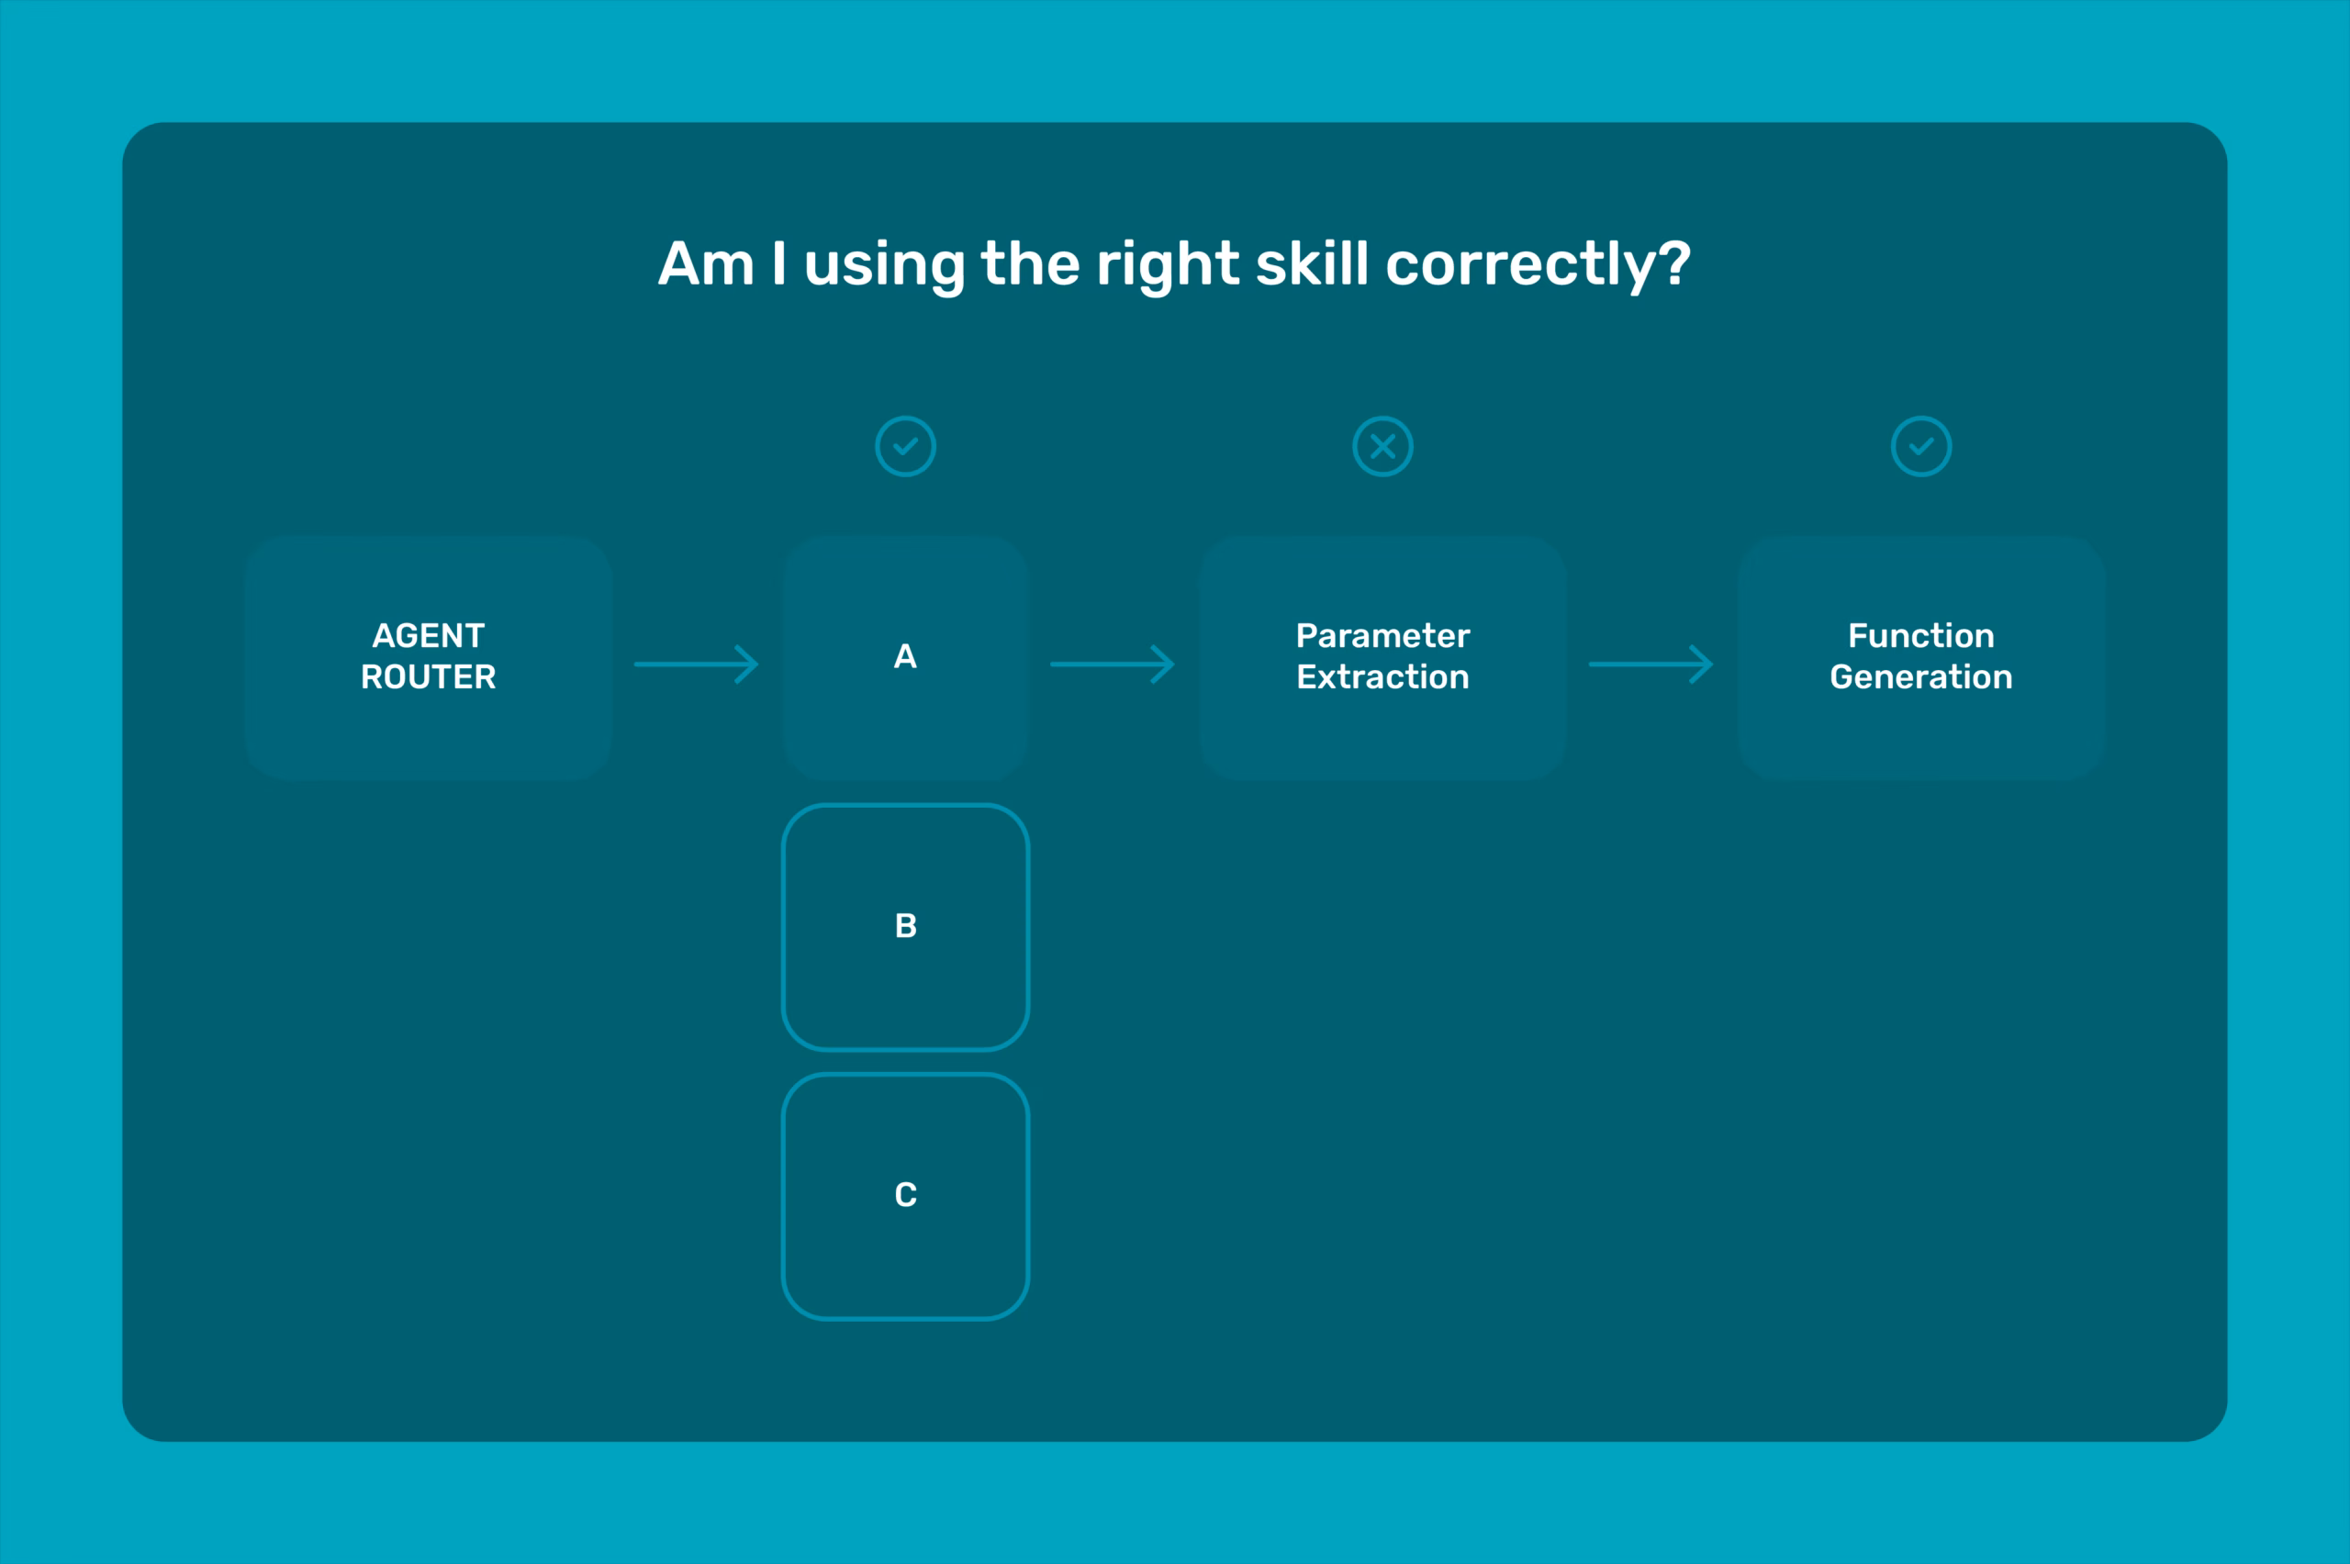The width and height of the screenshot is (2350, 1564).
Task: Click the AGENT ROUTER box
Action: click(x=428, y=657)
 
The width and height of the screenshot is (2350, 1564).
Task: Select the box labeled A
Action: click(x=905, y=657)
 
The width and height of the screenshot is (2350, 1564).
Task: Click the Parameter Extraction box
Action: click(x=1382, y=657)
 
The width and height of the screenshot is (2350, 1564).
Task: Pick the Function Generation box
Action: click(x=1921, y=657)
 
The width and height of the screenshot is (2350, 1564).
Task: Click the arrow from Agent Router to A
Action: click(x=696, y=664)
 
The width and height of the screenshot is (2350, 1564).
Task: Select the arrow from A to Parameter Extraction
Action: click(x=1113, y=664)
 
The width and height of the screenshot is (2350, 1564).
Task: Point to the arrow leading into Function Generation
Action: click(x=1651, y=664)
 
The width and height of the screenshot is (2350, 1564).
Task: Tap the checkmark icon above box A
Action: click(x=905, y=446)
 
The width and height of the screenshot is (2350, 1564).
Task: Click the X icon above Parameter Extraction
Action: click(x=1382, y=446)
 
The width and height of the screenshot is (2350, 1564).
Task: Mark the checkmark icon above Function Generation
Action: click(x=1921, y=446)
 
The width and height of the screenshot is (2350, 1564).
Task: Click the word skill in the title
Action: click(x=1312, y=263)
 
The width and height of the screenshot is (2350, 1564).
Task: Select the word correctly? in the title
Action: click(x=1539, y=267)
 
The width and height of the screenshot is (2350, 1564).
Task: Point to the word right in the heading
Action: click(x=1167, y=265)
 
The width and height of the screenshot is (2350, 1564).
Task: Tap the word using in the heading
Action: click(x=884, y=267)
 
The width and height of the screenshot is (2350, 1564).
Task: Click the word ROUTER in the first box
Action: click(x=428, y=677)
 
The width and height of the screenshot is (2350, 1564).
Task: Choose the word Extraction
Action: click(x=1382, y=677)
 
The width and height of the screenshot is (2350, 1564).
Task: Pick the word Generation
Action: click(x=1921, y=677)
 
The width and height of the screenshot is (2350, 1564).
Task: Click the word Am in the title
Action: click(x=706, y=264)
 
